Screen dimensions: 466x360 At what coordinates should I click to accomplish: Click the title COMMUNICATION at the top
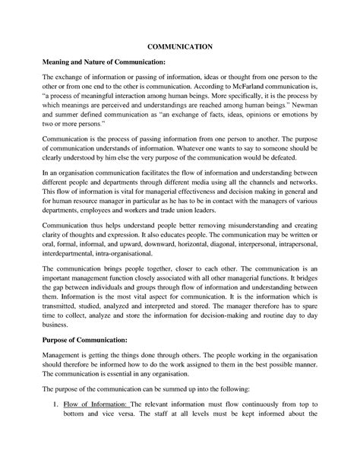pyautogui.click(x=180, y=46)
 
